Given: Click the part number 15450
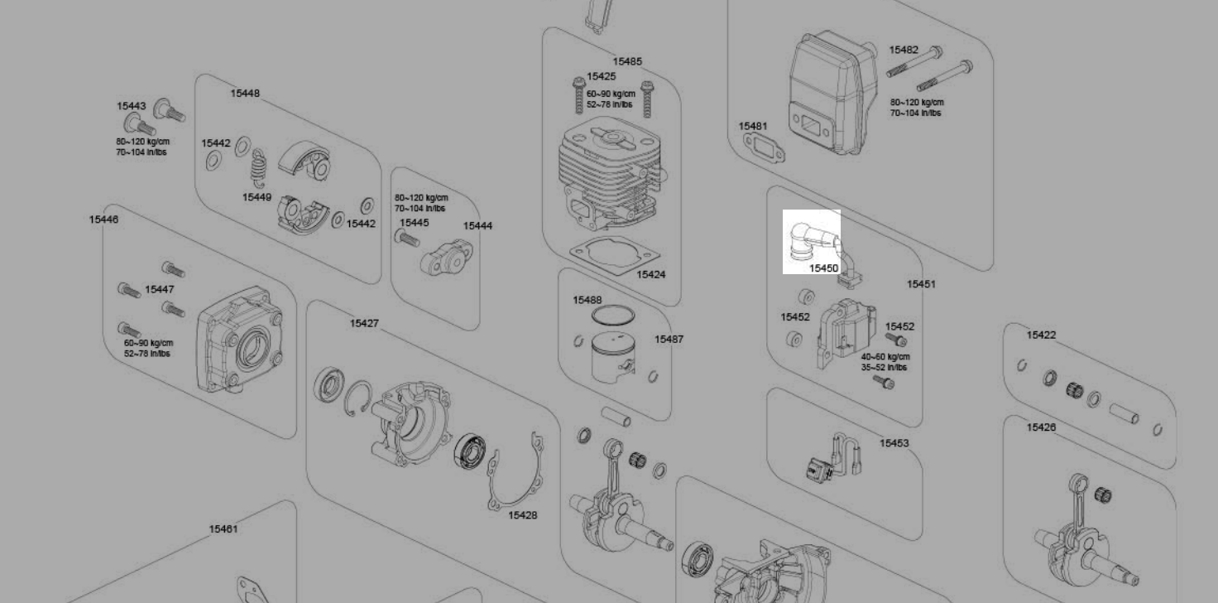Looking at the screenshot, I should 823,268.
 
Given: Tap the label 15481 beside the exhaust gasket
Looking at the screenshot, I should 753,127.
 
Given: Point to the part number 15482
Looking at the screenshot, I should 904,50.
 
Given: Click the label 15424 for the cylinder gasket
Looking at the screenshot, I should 651,275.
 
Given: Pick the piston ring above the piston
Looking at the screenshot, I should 613,316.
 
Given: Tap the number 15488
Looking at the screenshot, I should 587,300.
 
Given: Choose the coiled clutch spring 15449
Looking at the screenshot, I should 259,171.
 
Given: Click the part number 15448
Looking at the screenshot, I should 245,94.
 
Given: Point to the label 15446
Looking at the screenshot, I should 103,219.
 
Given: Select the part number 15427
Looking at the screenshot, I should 364,323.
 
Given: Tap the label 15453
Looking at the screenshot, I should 894,443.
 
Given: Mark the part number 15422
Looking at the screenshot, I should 1042,335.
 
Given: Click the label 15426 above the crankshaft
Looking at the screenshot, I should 1042,427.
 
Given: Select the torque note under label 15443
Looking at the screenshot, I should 142,147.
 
